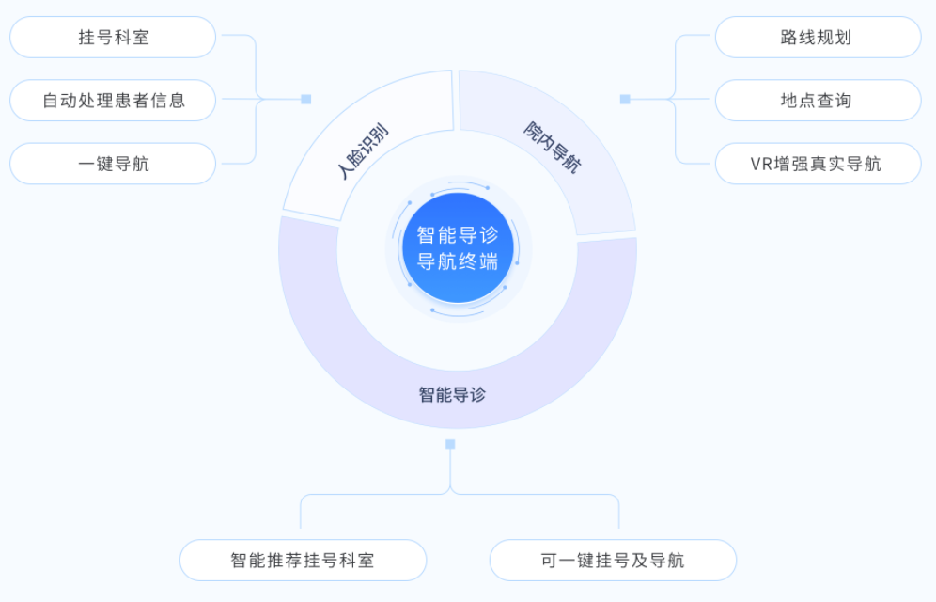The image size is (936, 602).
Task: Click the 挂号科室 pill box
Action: coord(113,37)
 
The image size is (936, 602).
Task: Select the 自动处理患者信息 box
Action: coord(113,101)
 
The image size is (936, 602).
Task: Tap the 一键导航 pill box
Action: coord(113,164)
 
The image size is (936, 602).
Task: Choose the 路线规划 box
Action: coord(818,37)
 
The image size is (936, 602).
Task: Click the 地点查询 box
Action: coord(818,101)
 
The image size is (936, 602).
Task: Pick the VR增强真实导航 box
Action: coord(818,164)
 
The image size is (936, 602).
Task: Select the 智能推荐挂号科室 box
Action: coord(304,561)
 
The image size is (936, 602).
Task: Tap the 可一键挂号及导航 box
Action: coord(613,561)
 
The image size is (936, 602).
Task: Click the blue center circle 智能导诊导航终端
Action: coord(458,247)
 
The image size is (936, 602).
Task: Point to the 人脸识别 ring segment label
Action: coord(363,151)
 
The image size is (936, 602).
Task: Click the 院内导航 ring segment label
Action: coord(553,147)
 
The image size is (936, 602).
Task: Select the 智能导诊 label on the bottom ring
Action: coord(452,395)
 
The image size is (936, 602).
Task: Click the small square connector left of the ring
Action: coord(306,99)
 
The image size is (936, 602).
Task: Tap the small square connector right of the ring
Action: coord(625,99)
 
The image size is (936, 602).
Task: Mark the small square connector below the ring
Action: coord(451,444)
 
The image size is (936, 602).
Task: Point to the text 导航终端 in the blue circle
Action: coord(458,261)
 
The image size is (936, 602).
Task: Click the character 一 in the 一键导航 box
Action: coord(86,164)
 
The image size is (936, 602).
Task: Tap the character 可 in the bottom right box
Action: coord(549,561)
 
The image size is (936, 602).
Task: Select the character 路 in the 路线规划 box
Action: coord(789,37)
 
